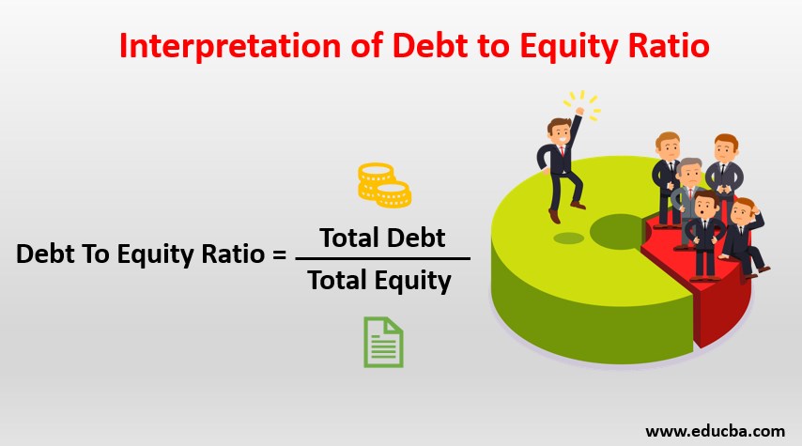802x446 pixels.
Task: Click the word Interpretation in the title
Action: (230, 46)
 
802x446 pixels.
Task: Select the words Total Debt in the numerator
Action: (382, 238)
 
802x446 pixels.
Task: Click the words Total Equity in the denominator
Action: (379, 281)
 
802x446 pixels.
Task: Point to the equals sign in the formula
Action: (279, 254)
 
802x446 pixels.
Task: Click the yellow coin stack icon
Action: (384, 185)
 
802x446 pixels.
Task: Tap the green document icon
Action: (383, 342)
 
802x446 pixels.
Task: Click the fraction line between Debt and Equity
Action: (382, 259)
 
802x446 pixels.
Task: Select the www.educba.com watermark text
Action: (715, 431)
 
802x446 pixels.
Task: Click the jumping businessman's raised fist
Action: (579, 111)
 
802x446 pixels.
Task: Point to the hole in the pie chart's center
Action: (618, 231)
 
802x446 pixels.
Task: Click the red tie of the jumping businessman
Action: (563, 151)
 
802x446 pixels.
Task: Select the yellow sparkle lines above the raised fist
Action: (583, 104)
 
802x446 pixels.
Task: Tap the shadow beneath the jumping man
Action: (568, 238)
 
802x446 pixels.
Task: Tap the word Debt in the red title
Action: (430, 45)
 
